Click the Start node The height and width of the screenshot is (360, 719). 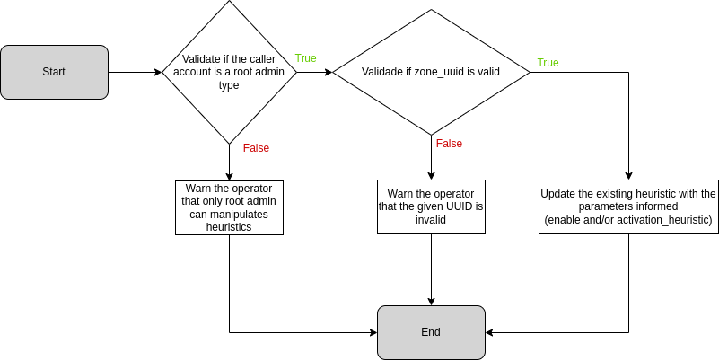tap(54, 72)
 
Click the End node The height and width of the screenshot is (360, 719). tap(431, 332)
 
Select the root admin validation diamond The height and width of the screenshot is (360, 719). tap(229, 72)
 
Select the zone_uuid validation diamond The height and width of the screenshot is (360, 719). tap(431, 72)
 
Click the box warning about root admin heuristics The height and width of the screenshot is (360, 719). tap(229, 207)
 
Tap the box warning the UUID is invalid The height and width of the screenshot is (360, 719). tap(431, 207)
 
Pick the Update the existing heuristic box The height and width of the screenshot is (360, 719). tap(628, 207)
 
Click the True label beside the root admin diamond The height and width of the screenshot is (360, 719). tap(305, 58)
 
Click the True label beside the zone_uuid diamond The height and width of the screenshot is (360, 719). tap(548, 63)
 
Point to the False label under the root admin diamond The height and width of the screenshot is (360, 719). tap(256, 148)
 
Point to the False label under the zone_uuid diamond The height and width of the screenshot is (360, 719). tap(449, 144)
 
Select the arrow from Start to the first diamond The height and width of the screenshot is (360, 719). tap(135, 72)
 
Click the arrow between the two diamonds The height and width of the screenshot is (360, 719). tap(314, 72)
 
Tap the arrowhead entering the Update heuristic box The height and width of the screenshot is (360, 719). tap(628, 176)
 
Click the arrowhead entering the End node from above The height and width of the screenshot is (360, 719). tap(431, 301)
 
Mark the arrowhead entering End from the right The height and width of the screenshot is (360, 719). tap(490, 332)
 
